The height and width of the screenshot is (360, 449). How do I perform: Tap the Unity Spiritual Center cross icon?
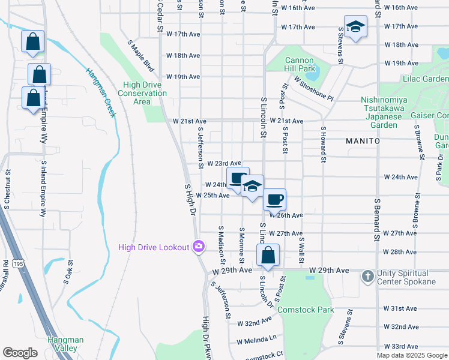pyautogui.click(x=368, y=277)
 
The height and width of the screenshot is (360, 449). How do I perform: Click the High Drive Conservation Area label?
pyautogui.click(x=142, y=93)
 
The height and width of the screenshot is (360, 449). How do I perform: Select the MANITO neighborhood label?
pyautogui.click(x=363, y=140)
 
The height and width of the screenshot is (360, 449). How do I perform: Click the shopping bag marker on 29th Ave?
pyautogui.click(x=268, y=254)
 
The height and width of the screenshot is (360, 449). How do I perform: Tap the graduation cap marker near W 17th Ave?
pyautogui.click(x=356, y=27)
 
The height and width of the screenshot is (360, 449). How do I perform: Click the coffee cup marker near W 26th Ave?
pyautogui.click(x=274, y=199)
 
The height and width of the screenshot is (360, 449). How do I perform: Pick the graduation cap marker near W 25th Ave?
pyautogui.click(x=253, y=186)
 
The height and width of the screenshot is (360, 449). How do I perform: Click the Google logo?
pyautogui.click(x=20, y=353)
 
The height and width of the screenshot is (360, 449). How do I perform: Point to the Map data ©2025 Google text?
pyautogui.click(x=411, y=355)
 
